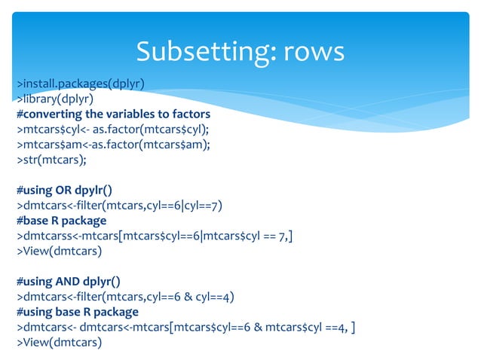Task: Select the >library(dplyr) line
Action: point(59,99)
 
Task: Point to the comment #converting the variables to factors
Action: point(113,114)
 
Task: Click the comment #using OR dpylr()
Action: point(65,190)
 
